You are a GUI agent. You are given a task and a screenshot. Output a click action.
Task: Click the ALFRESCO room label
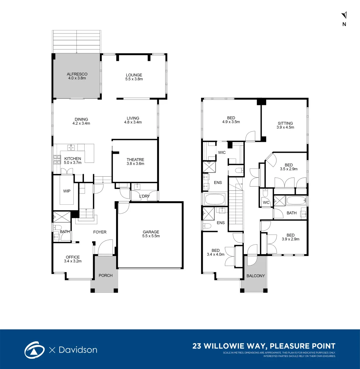pos(77,76)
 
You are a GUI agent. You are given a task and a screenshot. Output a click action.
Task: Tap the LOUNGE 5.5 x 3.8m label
pos(134,77)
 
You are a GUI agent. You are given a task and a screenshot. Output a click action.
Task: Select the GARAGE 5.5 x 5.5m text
pos(151,234)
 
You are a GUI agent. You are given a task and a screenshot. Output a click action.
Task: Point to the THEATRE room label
pos(135,162)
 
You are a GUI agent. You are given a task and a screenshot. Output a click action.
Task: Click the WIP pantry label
pos(67,191)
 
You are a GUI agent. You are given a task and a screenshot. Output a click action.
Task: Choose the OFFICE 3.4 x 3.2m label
pos(73,259)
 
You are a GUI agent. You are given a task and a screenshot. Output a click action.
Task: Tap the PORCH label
pos(105,275)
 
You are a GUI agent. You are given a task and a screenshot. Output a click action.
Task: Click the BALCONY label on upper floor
pos(256,276)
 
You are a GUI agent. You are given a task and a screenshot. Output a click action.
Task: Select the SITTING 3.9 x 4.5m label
pos(285,125)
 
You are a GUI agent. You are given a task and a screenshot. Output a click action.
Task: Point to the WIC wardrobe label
pos(222,152)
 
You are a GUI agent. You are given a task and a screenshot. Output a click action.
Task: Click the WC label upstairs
pos(266,203)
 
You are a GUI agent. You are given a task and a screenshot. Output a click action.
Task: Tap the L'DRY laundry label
pos(145,196)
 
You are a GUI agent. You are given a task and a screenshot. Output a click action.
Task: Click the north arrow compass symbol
pos(344,15)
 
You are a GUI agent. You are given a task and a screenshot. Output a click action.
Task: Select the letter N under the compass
pos(344,24)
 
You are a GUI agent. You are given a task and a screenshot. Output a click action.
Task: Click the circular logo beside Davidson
pos(34,350)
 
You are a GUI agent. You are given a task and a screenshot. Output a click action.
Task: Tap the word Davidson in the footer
pos(78,350)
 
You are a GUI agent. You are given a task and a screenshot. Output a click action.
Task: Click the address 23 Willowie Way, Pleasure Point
pos(264,346)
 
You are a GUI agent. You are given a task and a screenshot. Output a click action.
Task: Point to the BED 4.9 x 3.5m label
pos(231,120)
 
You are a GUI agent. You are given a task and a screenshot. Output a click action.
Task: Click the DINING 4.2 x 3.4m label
pos(82,121)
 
